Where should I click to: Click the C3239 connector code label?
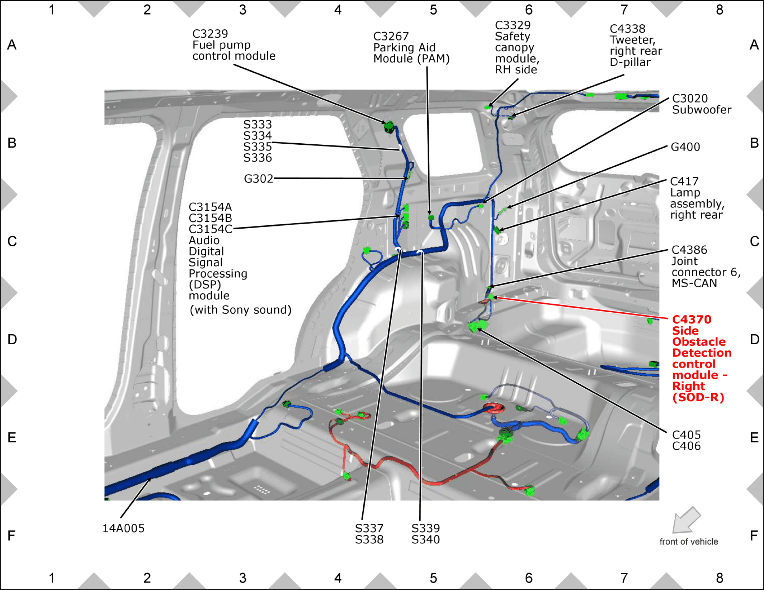point(210,34)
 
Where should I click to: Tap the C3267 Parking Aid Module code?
point(391,36)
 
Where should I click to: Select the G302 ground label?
point(259,178)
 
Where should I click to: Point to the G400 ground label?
point(685,147)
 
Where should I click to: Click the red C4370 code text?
point(692,320)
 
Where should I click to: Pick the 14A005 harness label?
point(123,528)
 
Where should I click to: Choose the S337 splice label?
point(369,528)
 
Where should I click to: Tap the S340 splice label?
point(425,539)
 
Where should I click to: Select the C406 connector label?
point(686,446)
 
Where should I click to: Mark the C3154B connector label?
point(210,218)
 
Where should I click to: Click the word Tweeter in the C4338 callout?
point(632,40)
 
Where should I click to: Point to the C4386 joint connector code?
point(689,250)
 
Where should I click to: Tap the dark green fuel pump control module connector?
point(389,127)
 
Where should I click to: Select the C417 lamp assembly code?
point(684,181)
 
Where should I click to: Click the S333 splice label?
point(258,124)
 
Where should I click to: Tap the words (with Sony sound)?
point(240,310)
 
